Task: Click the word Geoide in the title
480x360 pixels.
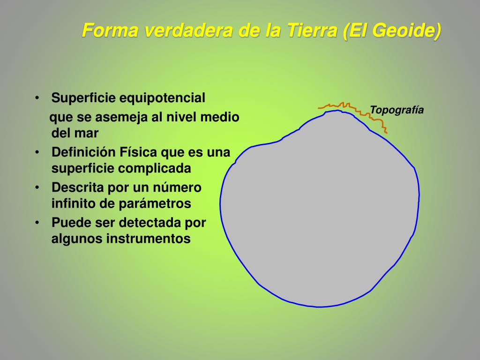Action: click(408, 30)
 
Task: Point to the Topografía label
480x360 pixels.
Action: click(397, 110)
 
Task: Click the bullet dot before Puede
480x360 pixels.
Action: click(37, 222)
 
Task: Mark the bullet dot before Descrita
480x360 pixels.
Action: click(37, 187)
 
